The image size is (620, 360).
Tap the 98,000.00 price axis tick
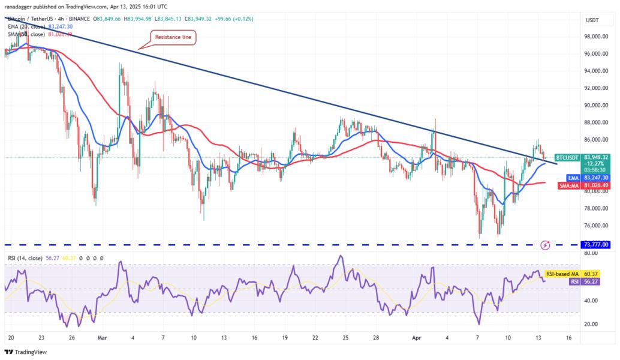point(596,37)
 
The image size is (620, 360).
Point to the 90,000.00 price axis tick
point(596,106)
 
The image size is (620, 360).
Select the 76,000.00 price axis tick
point(596,226)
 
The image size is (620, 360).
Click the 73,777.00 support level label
point(595,245)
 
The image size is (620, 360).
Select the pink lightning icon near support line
point(545,245)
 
